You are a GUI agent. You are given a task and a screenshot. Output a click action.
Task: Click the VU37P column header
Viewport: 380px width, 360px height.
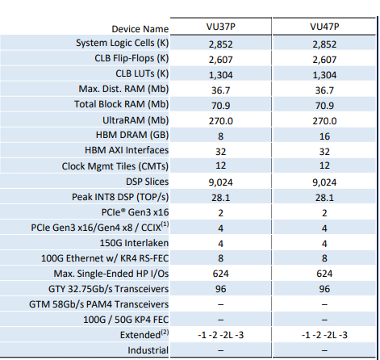point(220,27)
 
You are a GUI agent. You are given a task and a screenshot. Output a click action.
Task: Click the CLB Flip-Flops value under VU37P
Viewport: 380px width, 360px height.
point(220,60)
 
